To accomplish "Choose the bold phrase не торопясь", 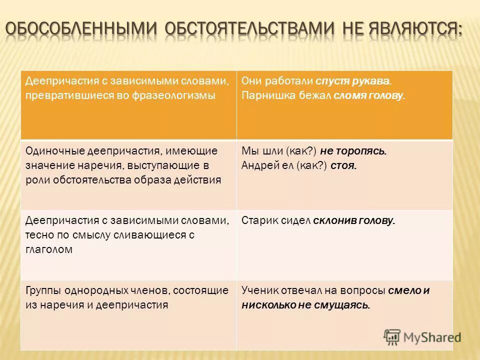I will point(353,151).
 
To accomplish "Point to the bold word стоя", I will point(343,165).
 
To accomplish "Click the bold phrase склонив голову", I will point(354,220).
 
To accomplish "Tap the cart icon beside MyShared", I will point(392,337).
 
